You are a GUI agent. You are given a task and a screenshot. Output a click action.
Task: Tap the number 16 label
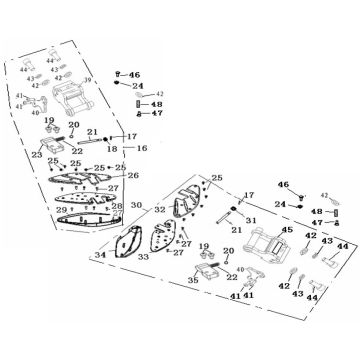pyautogui.click(x=141, y=147)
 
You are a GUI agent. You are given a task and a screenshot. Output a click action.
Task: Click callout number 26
pyautogui.click(x=133, y=175)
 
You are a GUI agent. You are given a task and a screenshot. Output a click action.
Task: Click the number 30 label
pyautogui.click(x=134, y=209)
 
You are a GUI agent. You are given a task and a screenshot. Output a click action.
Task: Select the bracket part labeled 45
pyautogui.click(x=271, y=246)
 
